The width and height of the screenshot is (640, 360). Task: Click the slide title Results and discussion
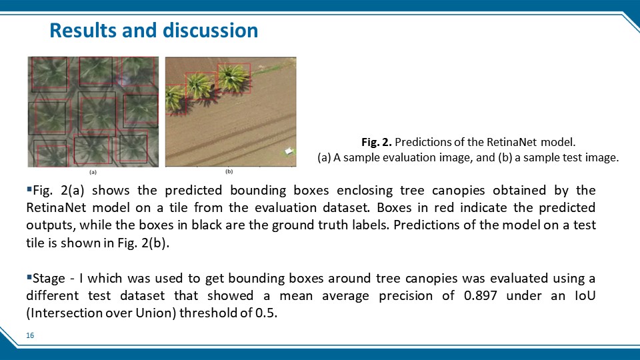153,31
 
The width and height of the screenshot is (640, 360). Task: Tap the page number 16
30,335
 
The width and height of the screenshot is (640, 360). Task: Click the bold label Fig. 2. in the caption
376,142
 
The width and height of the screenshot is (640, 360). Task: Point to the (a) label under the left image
93,172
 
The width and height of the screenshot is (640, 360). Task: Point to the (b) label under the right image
229,171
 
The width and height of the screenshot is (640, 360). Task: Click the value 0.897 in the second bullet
481,295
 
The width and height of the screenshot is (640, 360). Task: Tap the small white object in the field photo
289,151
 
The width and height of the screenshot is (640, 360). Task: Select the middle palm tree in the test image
200,87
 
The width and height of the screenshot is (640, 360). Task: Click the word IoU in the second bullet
585,295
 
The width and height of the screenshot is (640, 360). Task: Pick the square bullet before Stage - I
29,277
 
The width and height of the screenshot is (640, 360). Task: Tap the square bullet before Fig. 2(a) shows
29,189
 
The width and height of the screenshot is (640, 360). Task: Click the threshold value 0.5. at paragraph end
266,313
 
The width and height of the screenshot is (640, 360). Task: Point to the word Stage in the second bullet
49,279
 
